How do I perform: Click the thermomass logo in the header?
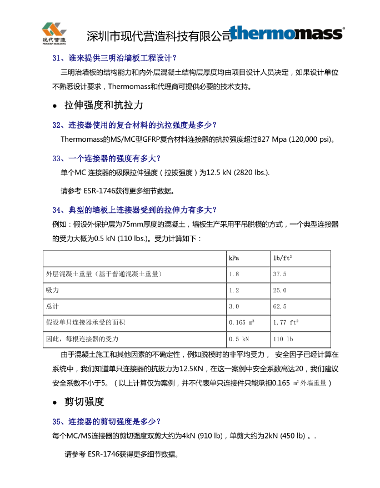coord(287,33)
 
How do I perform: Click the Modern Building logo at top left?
coord(54,33)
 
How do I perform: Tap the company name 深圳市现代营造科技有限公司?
coord(159,36)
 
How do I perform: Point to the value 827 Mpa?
coord(266,139)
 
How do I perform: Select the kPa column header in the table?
coord(234,258)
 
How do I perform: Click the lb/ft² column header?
coord(283,258)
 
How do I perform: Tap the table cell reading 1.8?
coord(234,274)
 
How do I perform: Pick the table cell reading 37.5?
coord(280,274)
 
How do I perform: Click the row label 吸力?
coord(53,290)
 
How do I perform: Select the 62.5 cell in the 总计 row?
coord(280,306)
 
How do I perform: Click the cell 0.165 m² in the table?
coord(242,322)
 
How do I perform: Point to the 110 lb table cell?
coord(283,338)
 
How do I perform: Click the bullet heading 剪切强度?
coord(84,401)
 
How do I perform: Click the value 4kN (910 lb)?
coord(203,435)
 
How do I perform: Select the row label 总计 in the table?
coord(53,306)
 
